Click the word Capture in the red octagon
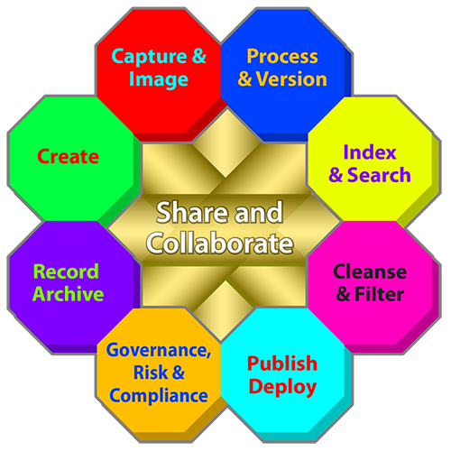coord(149,57)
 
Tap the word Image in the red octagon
coord(159,79)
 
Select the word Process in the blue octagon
coord(282,56)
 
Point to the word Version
coord(291,79)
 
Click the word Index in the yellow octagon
coord(370,152)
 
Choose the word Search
coord(379,175)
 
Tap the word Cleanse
coord(370,272)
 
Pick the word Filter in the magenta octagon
coord(379,294)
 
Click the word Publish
coord(282,364)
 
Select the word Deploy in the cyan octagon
coord(282,387)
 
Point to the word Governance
coord(159,351)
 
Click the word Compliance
coord(159,396)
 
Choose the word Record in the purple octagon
coord(66,272)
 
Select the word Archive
coord(68,294)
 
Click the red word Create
coord(68,157)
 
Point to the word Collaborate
coord(219,243)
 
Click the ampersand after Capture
coord(199,56)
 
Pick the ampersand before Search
coord(336,175)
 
